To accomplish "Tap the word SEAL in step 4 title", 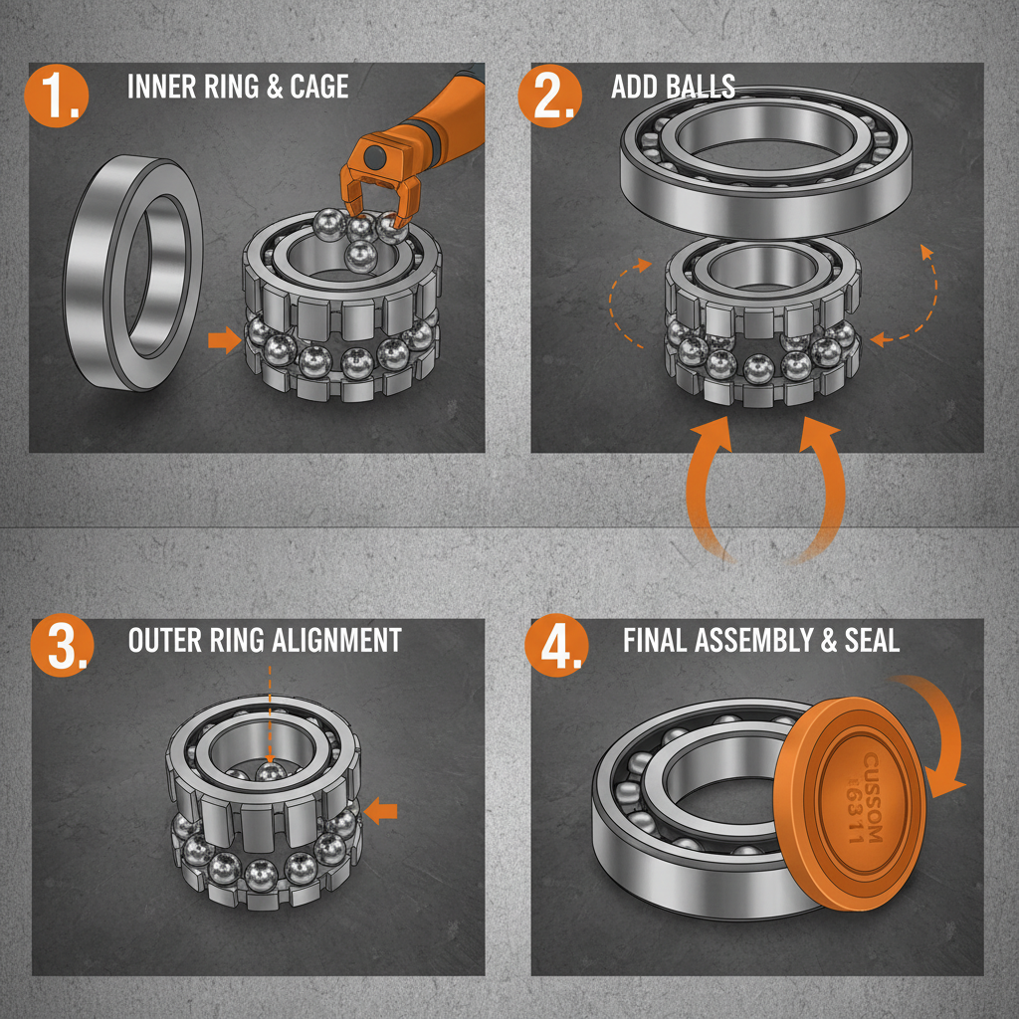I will click(x=872, y=640).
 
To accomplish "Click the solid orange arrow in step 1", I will click(x=224, y=341).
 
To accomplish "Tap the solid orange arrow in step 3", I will click(x=380, y=811).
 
